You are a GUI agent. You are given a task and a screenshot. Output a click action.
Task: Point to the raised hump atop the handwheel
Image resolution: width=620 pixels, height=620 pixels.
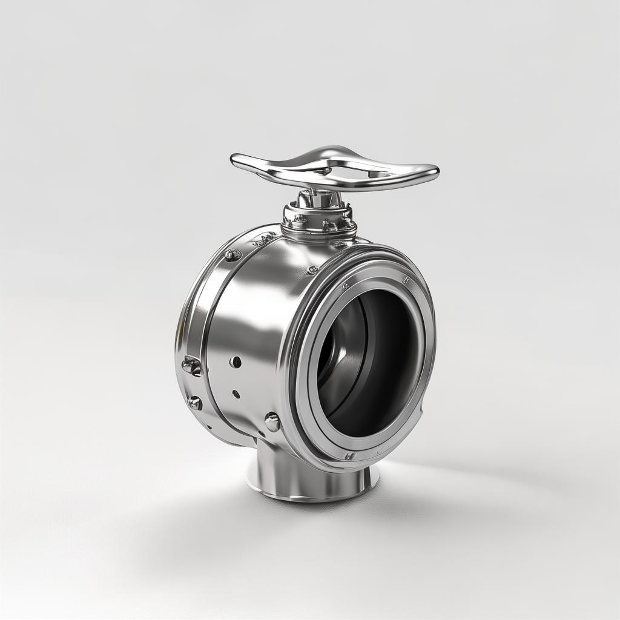(328, 152)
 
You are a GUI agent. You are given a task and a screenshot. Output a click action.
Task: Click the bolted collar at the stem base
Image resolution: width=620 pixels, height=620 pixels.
(319, 222)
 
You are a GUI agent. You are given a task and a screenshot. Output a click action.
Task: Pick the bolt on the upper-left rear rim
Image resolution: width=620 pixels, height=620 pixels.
(232, 255)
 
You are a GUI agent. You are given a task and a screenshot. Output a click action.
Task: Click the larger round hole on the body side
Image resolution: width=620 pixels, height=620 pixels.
(236, 362)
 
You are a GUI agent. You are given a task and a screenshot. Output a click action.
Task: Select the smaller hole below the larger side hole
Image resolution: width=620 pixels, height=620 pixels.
(236, 394)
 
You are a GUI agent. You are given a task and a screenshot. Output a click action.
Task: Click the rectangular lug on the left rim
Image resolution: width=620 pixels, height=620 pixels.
(191, 366)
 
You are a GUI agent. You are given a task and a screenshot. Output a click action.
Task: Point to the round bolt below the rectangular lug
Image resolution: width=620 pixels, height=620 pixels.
(195, 403)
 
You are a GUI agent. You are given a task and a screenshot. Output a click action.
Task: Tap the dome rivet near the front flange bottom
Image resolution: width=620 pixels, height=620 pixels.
(272, 421)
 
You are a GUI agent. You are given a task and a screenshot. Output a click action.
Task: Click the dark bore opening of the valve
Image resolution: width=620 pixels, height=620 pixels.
(369, 363)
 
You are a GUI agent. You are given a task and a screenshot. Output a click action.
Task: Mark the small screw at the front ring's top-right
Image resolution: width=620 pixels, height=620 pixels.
(404, 280)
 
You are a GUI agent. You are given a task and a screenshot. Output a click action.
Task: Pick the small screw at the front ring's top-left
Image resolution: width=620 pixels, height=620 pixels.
(346, 285)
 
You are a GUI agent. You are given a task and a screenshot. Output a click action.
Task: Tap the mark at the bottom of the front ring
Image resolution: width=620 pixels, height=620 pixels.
(349, 455)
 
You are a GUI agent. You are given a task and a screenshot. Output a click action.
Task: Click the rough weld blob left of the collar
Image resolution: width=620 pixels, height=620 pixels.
(265, 240)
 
